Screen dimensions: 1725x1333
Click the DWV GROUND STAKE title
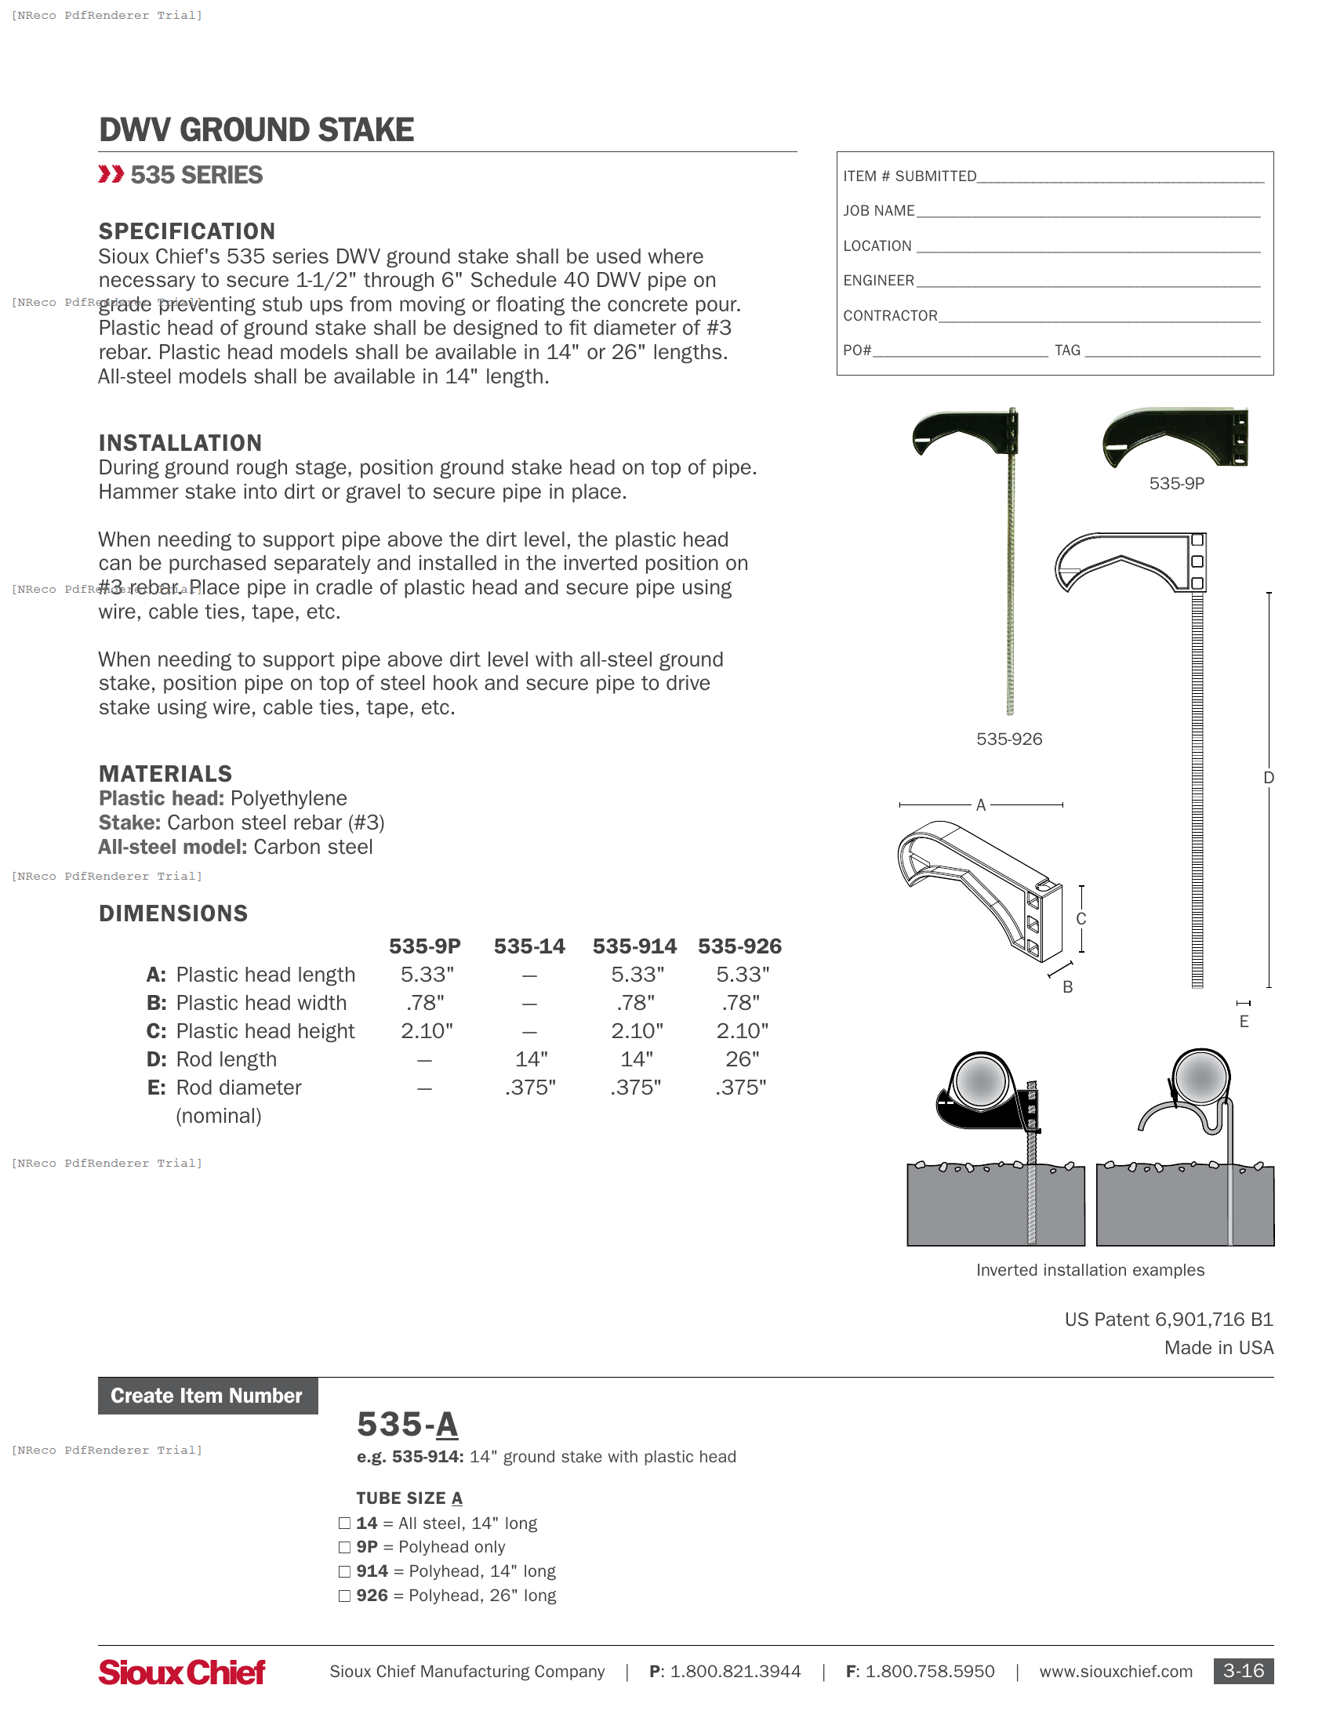pos(256,130)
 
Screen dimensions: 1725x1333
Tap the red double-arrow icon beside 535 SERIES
pos(111,175)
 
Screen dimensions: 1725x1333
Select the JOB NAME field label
pos(878,211)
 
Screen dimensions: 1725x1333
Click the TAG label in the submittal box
pos(1067,350)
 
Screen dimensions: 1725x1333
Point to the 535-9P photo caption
pos(1176,483)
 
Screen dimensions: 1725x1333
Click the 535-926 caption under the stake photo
pos(1008,739)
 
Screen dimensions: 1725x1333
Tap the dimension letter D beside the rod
pos(1268,778)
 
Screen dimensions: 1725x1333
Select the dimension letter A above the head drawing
pos(980,804)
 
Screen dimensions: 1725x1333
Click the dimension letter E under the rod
pos(1244,1022)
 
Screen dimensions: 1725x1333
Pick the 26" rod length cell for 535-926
pos(742,1059)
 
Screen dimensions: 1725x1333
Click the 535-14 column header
pos(529,946)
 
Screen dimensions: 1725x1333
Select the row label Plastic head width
pos(260,1003)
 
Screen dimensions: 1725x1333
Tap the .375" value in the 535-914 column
pos(635,1088)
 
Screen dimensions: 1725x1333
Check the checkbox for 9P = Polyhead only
pos(344,1547)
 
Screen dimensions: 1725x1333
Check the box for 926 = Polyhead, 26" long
pos(344,1596)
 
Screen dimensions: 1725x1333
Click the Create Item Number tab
pos(207,1396)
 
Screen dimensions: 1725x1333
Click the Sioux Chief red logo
pos(182,1672)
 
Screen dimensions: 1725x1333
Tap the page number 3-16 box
pos(1242,1672)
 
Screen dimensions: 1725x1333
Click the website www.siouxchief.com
pos(1115,1672)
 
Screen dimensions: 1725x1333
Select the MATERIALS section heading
pos(165,774)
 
